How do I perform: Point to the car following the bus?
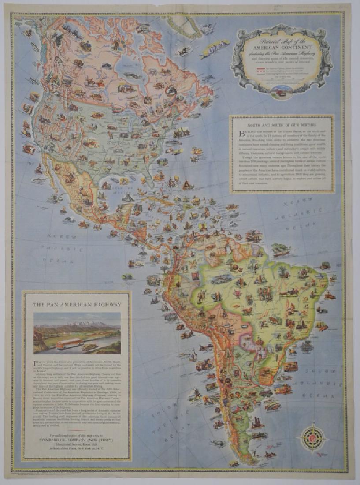pyautogui.click(x=90, y=347)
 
